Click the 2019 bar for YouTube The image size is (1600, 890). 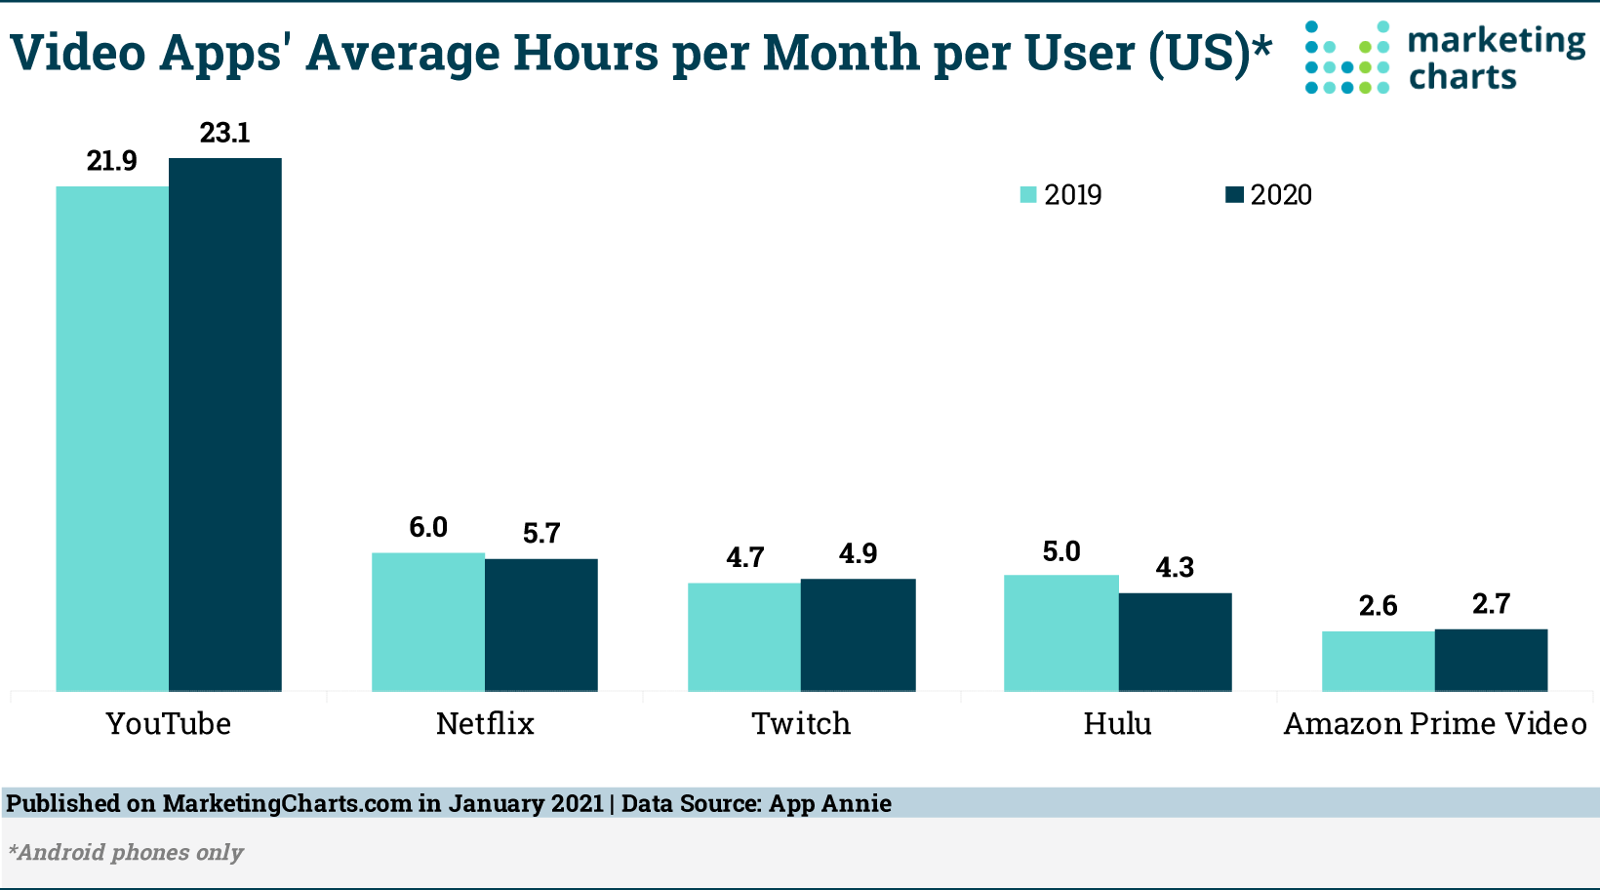[112, 438]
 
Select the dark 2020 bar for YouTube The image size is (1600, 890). [225, 425]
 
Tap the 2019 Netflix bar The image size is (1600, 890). [428, 622]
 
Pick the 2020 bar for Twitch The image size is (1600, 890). [858, 635]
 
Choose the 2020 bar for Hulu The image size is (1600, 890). [1175, 642]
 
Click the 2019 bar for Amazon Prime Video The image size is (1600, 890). [1379, 662]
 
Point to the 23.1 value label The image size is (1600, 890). [225, 133]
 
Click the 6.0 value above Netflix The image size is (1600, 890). [428, 527]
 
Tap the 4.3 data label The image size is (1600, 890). [1175, 567]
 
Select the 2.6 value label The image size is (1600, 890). [1378, 606]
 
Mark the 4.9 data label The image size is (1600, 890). [858, 553]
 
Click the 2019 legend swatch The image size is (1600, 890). [1028, 194]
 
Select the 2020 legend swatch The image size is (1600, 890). [1234, 194]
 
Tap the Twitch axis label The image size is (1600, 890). [801, 723]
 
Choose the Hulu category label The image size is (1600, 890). [1118, 723]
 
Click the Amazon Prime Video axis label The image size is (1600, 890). [1435, 723]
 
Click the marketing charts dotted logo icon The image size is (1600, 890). [1347, 58]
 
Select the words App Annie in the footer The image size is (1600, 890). [830, 803]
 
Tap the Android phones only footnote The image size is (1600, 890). [126, 852]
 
